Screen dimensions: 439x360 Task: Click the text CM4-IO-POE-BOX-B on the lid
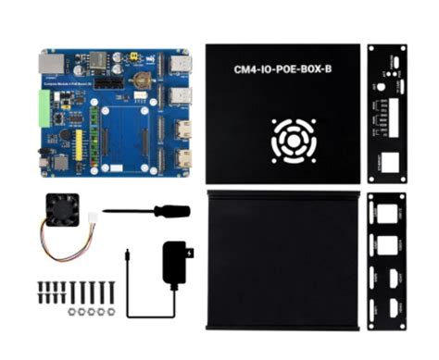[x=282, y=68]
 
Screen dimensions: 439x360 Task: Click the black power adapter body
[x=176, y=262]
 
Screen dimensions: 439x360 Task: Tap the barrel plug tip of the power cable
[x=125, y=252]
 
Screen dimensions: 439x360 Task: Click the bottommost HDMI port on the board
[x=183, y=158]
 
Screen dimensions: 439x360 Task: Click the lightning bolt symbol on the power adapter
[x=189, y=252]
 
